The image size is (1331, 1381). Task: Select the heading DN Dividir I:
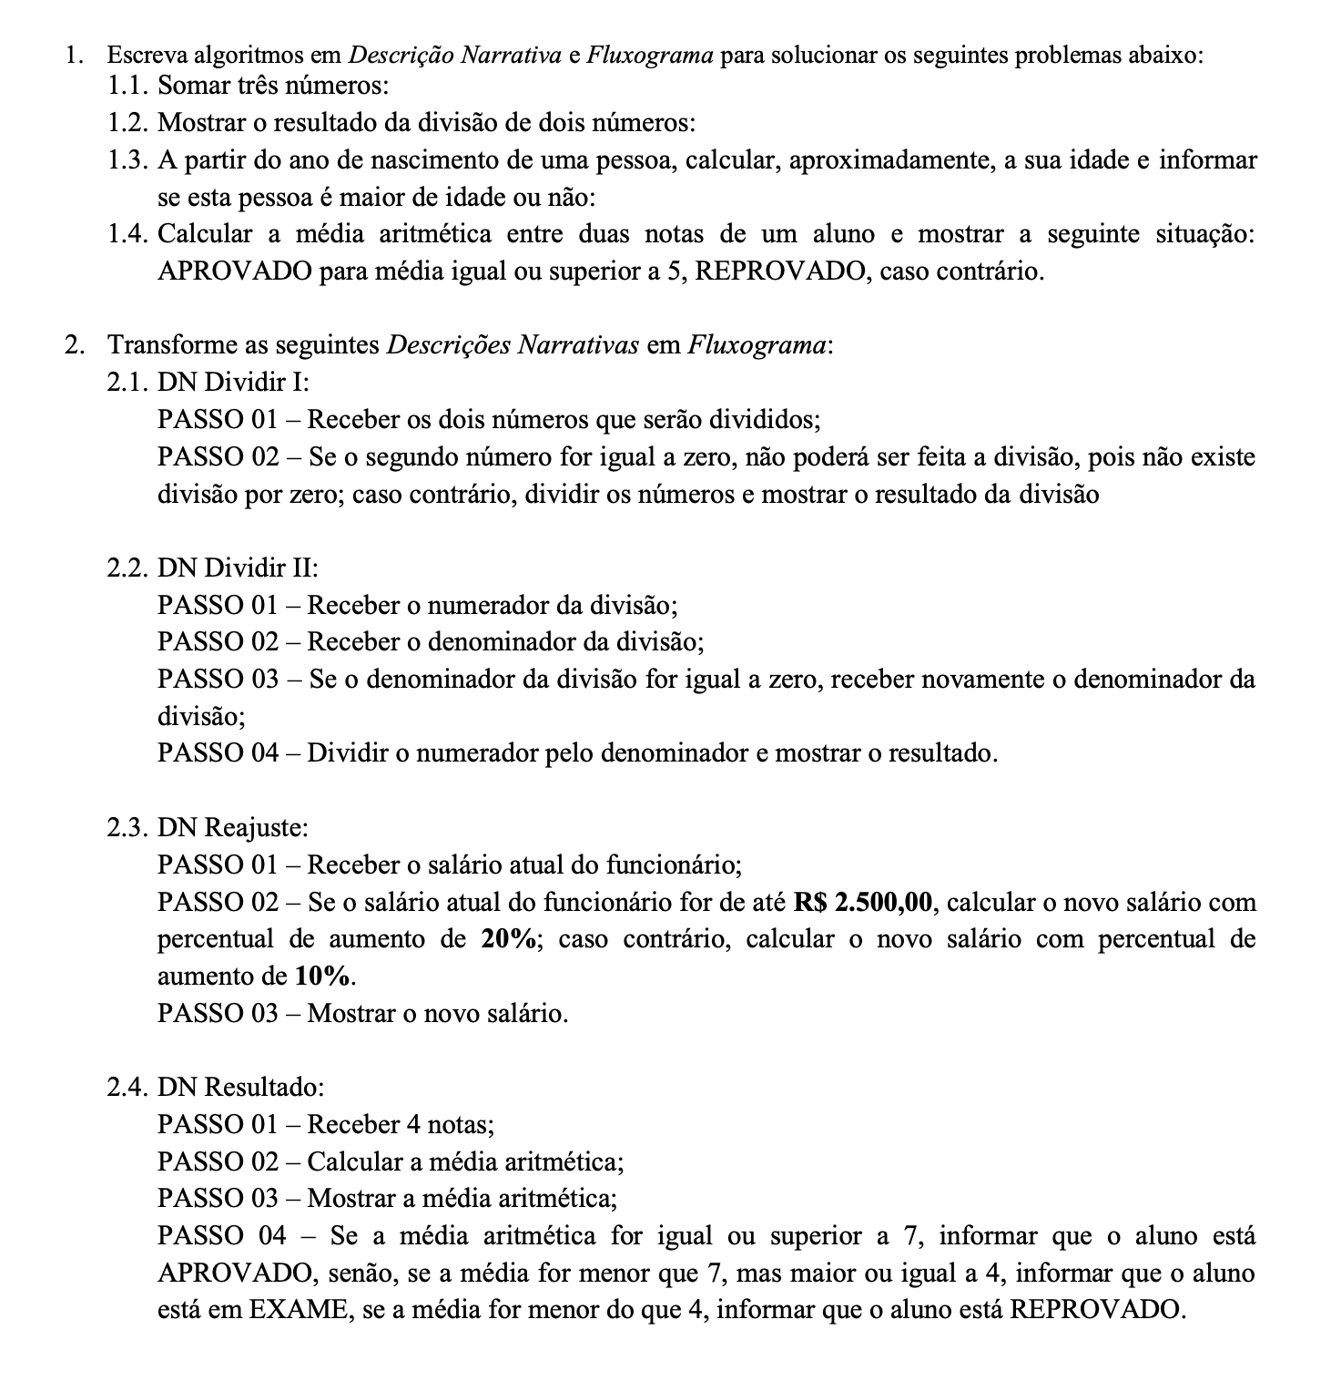pos(234,383)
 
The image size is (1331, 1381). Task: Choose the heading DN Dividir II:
pos(238,568)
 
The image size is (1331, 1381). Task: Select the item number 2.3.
pos(127,828)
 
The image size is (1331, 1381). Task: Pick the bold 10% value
pos(323,977)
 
